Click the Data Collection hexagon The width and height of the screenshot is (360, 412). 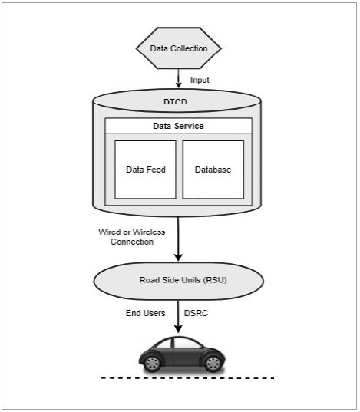pyautogui.click(x=179, y=48)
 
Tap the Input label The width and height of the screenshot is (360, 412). pyautogui.click(x=200, y=80)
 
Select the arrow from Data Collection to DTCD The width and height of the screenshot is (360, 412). pyautogui.click(x=179, y=78)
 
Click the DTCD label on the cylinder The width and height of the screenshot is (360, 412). pyautogui.click(x=176, y=102)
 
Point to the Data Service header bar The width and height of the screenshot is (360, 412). pyautogui.click(x=179, y=126)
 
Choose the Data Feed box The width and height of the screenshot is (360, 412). pyautogui.click(x=145, y=170)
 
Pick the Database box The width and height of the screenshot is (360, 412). pyautogui.click(x=213, y=170)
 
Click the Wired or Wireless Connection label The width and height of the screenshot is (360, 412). pyautogui.click(x=132, y=237)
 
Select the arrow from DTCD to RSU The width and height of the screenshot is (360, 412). pyautogui.click(x=178, y=239)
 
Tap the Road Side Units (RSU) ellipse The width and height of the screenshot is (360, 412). pyautogui.click(x=179, y=281)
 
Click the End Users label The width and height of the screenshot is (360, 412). pyautogui.click(x=145, y=313)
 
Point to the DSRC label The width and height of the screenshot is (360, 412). pyautogui.click(x=196, y=313)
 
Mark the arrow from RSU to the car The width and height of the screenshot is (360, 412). pyautogui.click(x=178, y=317)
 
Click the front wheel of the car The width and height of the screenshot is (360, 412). pyautogui.click(x=213, y=364)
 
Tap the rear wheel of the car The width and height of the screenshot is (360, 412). pyautogui.click(x=152, y=364)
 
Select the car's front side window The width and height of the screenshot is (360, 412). pyautogui.click(x=187, y=344)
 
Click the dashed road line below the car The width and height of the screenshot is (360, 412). pyautogui.click(x=188, y=378)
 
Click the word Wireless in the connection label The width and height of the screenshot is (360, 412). pyautogui.click(x=149, y=232)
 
